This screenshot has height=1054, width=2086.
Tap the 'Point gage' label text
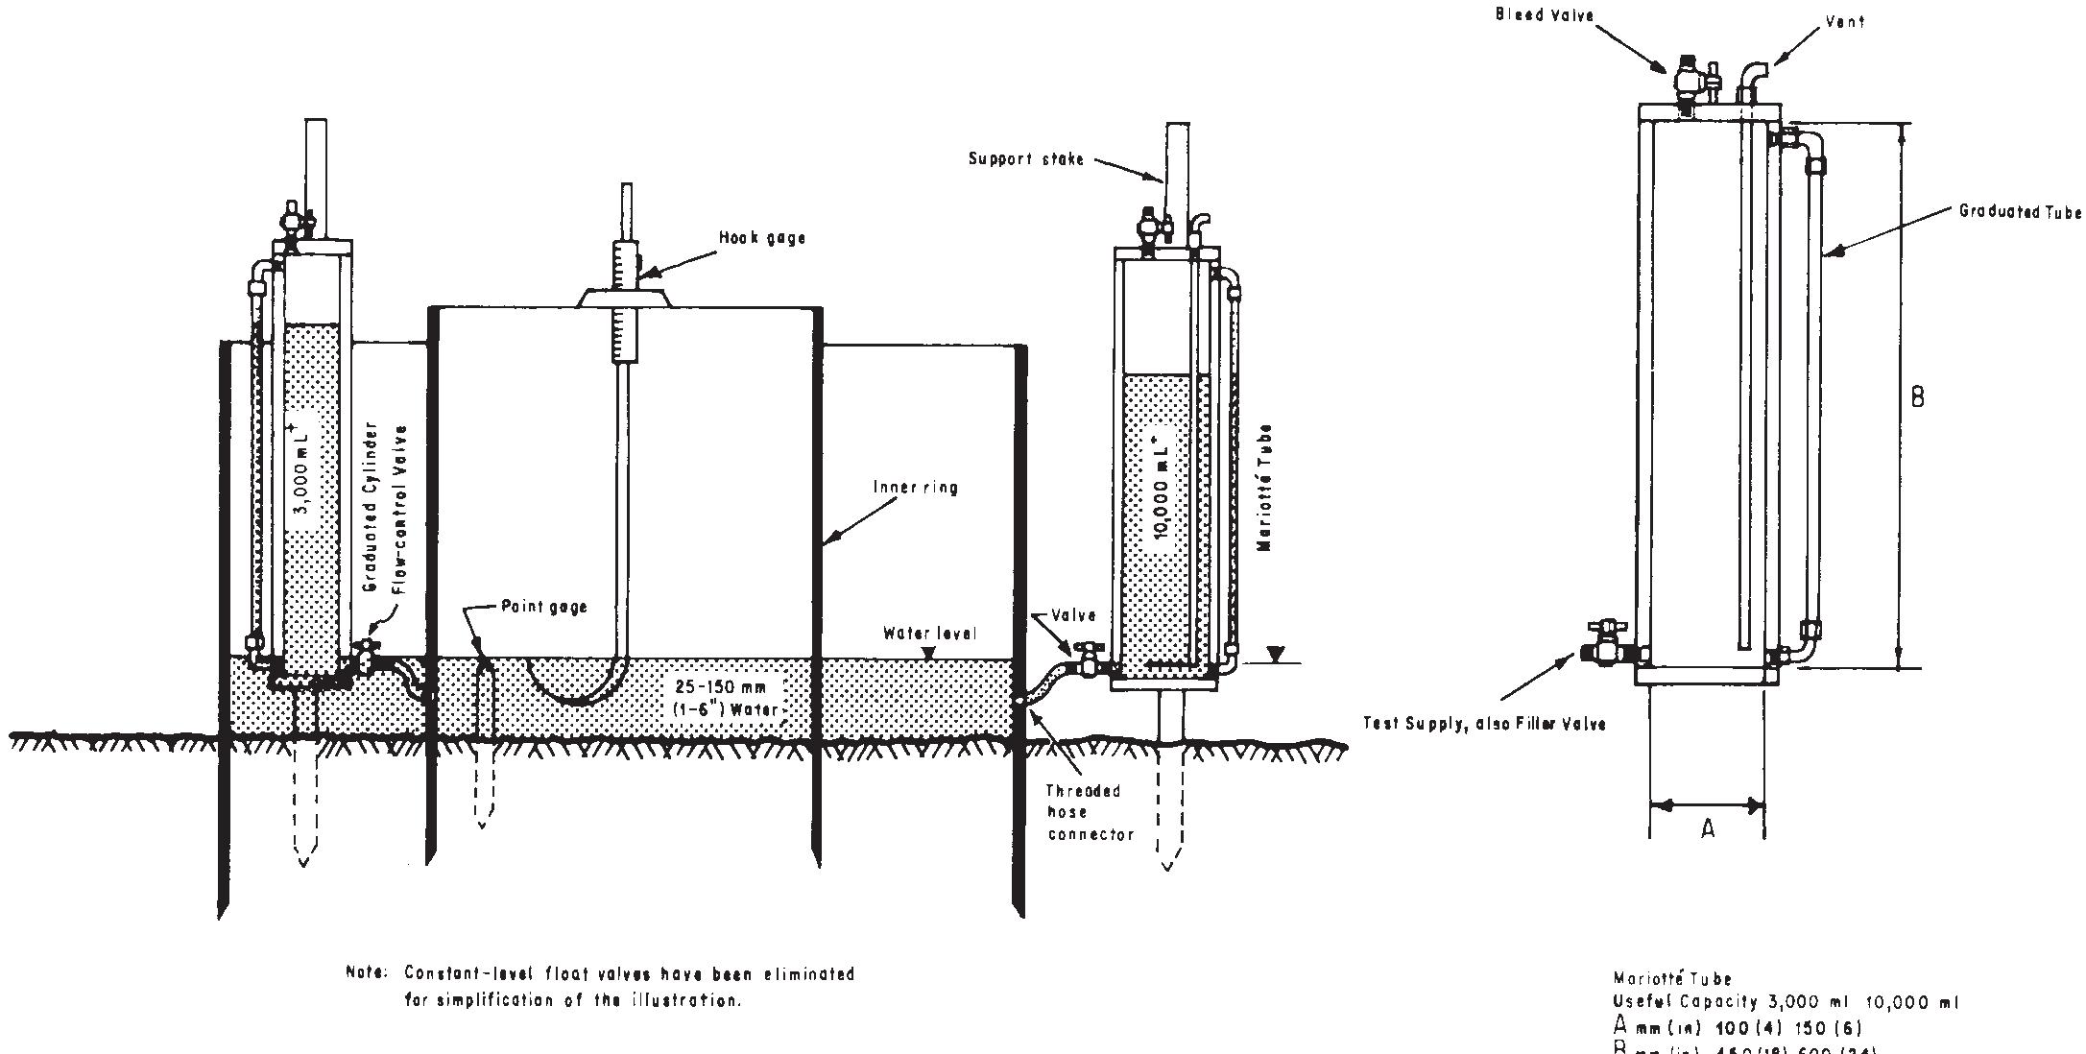coord(543,607)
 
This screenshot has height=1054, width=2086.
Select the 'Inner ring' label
coord(915,488)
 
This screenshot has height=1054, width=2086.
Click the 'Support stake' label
coord(1025,159)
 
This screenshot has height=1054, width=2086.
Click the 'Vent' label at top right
coord(1844,21)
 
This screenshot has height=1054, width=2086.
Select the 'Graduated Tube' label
coord(2020,212)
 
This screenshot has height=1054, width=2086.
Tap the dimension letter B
coord(1917,397)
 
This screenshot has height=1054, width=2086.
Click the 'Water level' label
coord(929,634)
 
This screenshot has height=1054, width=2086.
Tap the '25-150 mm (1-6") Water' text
coord(727,699)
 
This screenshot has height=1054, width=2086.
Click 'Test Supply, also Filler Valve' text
coord(1484,724)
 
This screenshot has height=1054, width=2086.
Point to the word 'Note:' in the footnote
coord(366,974)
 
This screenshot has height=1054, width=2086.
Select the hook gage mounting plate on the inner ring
coord(623,297)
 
